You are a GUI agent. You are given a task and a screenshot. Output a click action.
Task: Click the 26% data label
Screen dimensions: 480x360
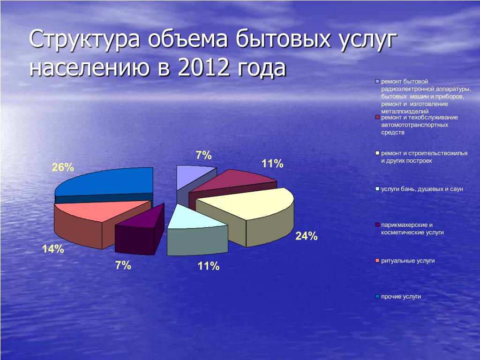(63, 167)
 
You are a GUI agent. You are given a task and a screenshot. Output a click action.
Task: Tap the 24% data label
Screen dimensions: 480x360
(306, 236)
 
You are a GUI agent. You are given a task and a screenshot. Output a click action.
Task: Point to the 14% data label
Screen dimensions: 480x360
(53, 249)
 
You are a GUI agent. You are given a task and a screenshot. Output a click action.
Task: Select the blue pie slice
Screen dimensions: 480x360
(104, 184)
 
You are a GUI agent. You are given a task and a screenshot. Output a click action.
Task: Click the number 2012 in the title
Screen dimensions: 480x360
(203, 67)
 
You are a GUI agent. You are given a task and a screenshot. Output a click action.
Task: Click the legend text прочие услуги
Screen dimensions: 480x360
(401, 297)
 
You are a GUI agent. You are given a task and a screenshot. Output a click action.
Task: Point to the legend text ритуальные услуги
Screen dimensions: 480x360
(408, 261)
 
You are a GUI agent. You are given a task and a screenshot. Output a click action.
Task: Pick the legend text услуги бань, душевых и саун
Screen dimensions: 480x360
(422, 189)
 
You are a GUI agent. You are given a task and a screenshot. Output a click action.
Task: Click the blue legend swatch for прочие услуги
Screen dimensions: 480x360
(377, 297)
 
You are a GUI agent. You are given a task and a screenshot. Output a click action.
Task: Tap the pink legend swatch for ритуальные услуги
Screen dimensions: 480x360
(377, 261)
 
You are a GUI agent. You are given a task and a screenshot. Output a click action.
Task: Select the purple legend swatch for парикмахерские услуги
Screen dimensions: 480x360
(377, 225)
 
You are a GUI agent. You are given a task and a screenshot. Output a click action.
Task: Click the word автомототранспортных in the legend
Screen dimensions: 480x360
(414, 125)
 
